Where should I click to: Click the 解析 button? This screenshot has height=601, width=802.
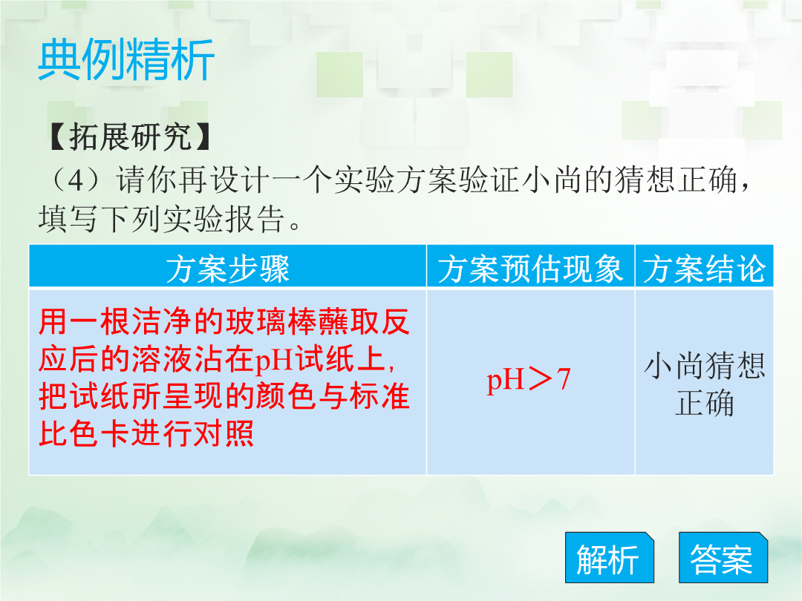point(609,557)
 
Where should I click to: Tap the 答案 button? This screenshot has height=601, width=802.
point(723,557)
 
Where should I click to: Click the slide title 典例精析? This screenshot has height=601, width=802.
point(126,60)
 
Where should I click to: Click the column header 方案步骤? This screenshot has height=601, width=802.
point(228,269)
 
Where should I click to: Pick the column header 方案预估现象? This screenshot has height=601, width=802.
point(530,269)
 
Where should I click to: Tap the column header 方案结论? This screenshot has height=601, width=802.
point(704,269)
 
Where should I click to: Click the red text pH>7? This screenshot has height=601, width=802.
point(529,380)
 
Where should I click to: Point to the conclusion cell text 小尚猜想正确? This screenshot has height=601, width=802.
point(704,384)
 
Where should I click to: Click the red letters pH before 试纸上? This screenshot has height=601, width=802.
point(273,361)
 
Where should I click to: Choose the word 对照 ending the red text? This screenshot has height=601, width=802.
point(223,434)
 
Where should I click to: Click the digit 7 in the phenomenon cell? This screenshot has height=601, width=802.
point(563,380)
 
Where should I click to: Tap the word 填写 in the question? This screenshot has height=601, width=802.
point(68,219)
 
